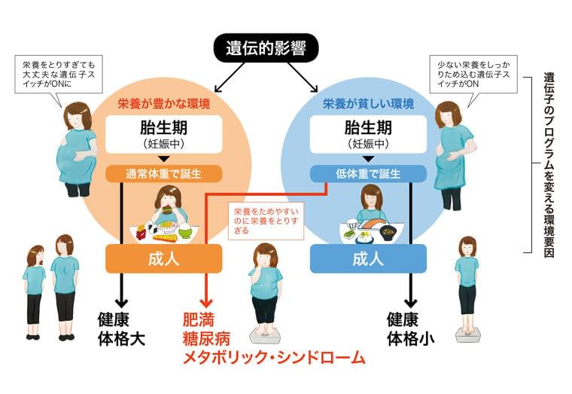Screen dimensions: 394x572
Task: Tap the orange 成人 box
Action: click(163, 258)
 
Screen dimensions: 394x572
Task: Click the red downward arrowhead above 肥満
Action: click(205, 300)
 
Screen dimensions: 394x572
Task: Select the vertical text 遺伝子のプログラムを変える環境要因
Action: click(549, 166)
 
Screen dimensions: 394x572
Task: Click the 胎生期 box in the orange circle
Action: click(163, 133)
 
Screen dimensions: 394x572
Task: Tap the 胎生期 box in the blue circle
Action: click(368, 133)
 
